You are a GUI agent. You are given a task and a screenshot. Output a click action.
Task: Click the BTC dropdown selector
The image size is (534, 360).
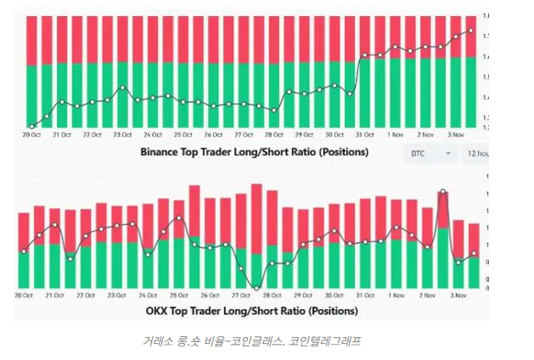click(431, 154)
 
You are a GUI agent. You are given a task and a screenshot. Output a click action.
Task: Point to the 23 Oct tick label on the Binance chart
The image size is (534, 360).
click(123, 135)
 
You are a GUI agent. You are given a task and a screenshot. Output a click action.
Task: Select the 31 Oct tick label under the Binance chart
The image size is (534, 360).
click(365, 135)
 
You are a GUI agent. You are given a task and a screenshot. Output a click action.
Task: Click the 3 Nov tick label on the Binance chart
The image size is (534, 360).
click(456, 135)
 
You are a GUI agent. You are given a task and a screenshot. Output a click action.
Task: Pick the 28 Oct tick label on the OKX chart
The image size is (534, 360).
click(273, 295)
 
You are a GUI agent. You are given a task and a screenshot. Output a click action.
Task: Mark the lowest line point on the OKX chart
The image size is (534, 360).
click(257, 288)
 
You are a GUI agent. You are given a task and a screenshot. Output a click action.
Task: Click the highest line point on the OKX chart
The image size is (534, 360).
click(442, 192)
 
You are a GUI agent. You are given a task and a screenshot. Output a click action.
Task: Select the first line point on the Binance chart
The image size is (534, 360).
click(31, 127)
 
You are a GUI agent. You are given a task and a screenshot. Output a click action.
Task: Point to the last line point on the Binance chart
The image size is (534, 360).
click(471, 31)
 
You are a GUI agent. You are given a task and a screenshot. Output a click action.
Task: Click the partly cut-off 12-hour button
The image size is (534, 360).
click(475, 154)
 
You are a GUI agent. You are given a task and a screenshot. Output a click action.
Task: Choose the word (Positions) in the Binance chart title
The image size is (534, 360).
click(339, 153)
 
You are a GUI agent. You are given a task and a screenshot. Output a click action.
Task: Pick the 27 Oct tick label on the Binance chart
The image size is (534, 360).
click(244, 135)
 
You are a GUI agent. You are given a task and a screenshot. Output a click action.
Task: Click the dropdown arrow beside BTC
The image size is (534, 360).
click(447, 154)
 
